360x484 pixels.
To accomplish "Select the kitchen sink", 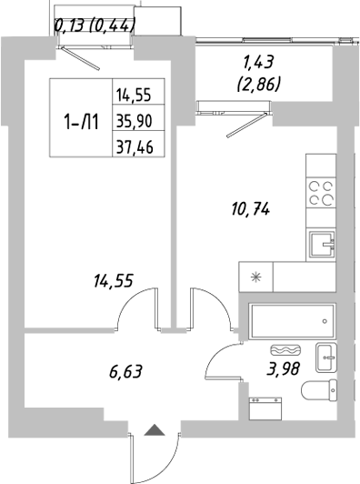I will pos(321,243).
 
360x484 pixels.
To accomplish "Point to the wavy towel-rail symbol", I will pos(284,350).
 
